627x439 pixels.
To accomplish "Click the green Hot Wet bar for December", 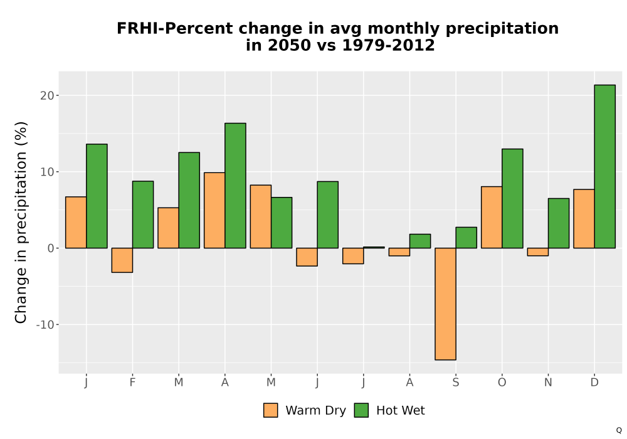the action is (604, 166).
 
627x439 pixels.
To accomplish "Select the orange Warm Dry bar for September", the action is (445, 304).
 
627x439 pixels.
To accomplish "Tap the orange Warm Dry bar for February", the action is (122, 260).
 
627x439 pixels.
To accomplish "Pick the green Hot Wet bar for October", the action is (512, 198).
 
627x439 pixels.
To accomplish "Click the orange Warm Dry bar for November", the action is (538, 252).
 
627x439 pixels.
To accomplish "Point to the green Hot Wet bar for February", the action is (143, 214).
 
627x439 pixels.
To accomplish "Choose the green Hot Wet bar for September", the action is (466, 238).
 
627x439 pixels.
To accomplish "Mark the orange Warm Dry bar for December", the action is (584, 219).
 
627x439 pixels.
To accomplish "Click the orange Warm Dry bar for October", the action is (492, 217).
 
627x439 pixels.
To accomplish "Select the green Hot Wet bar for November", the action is (559, 223).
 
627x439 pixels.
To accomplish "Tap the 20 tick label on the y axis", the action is (47, 95).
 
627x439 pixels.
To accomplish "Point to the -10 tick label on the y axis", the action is (45, 325).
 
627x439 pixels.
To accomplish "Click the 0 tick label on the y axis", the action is (51, 248).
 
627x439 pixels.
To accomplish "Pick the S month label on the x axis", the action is (456, 383).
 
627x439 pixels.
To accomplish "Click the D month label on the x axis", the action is (594, 383).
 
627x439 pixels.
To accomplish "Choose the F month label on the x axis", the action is (132, 383).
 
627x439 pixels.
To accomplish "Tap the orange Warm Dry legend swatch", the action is (271, 410).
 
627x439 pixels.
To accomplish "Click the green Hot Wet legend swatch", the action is (361, 410).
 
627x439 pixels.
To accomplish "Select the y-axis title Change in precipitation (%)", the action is (21, 222).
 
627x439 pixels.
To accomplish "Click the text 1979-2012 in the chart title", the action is (388, 45).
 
